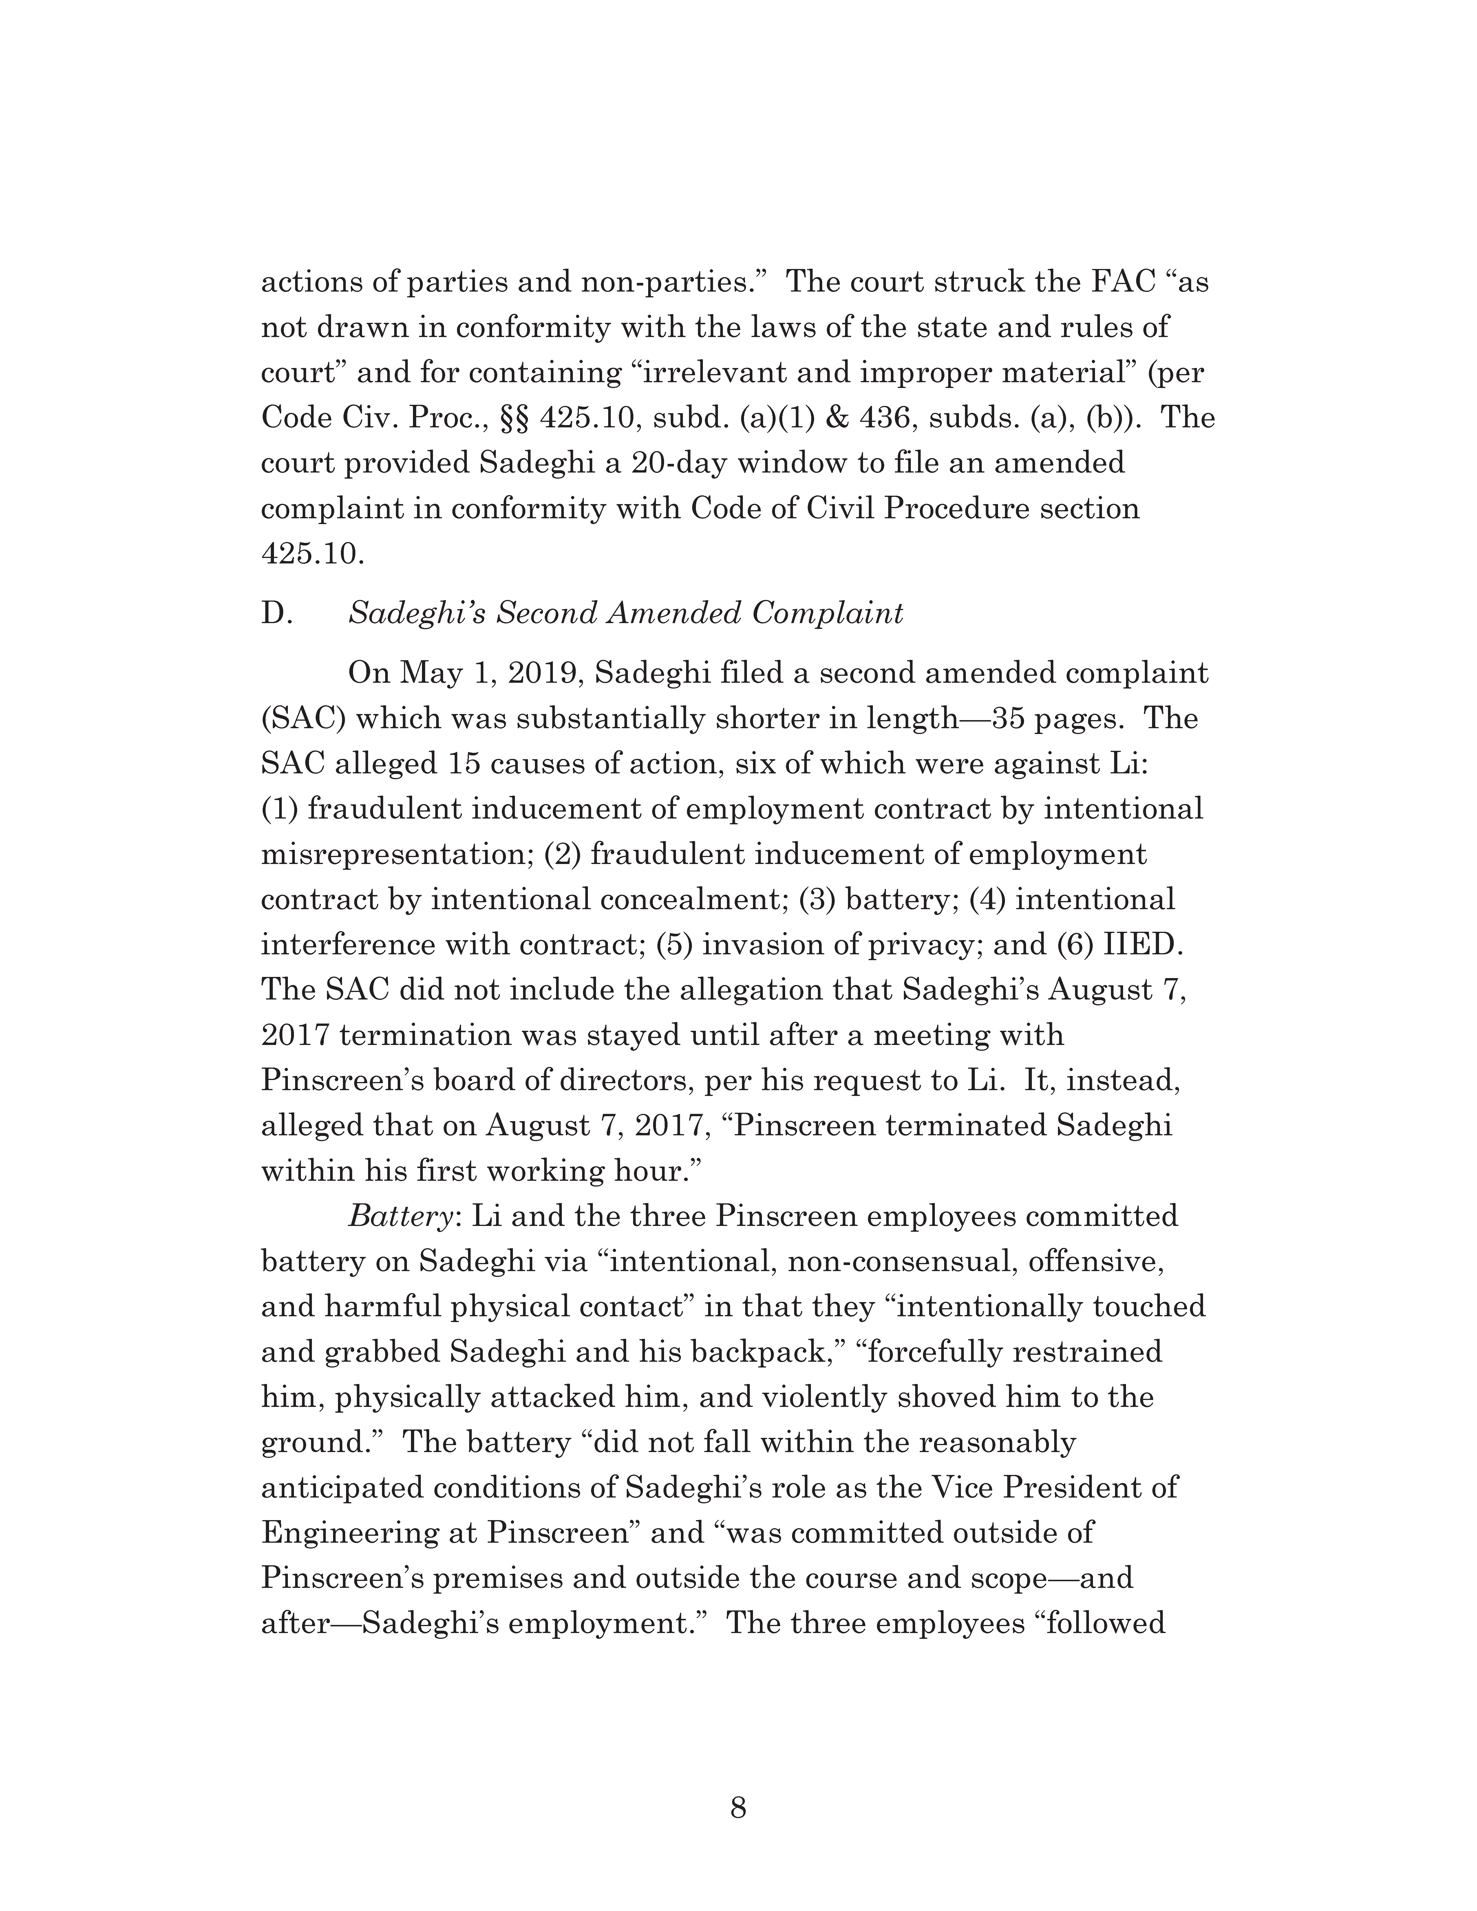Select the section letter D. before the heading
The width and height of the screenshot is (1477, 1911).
tap(277, 613)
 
